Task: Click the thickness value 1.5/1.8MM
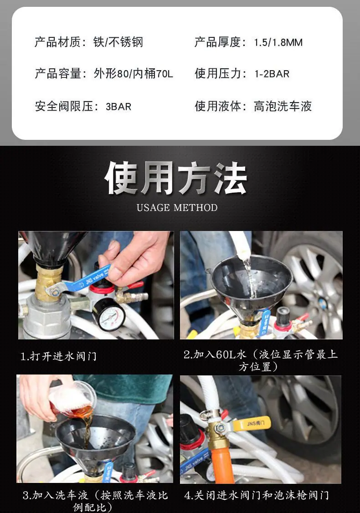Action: point(278,42)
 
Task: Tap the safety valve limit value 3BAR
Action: point(118,107)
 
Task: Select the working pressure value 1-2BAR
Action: point(272,74)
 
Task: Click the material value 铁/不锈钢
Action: point(118,42)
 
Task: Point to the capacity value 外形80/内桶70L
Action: point(133,74)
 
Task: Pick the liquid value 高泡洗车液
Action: point(283,106)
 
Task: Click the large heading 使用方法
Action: point(176,178)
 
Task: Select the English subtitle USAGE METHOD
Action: point(177,208)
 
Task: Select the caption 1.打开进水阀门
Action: point(59,356)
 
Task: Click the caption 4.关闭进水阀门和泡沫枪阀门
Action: point(256,495)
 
